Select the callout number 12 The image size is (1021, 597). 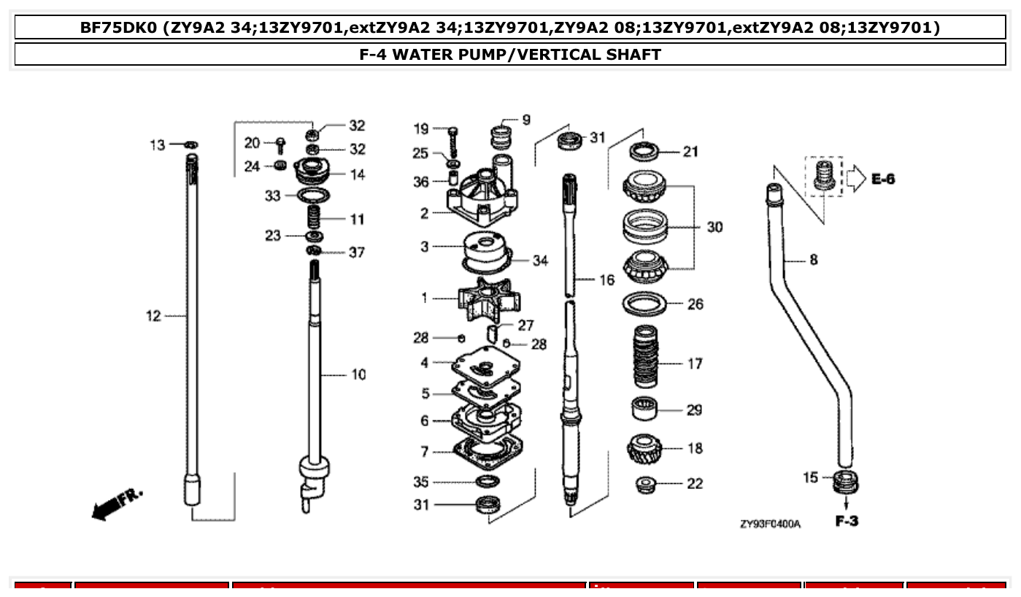coord(153,316)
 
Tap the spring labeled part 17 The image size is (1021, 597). coord(645,357)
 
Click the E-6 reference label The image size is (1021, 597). coord(882,179)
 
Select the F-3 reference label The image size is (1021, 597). coord(847,521)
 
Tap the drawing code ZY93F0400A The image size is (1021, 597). coord(770,524)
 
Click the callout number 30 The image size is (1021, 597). coord(714,227)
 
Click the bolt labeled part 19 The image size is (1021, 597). coord(453,138)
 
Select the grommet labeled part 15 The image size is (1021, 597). coord(846,481)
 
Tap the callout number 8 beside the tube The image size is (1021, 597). coord(814,259)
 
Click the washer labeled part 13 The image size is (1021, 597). coord(190,145)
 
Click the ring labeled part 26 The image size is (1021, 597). coord(644,303)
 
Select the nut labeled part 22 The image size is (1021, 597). coord(645,484)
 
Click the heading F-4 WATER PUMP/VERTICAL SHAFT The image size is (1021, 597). coord(510,55)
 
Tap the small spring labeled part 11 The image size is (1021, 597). coord(312,217)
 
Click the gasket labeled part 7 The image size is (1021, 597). coord(487,452)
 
